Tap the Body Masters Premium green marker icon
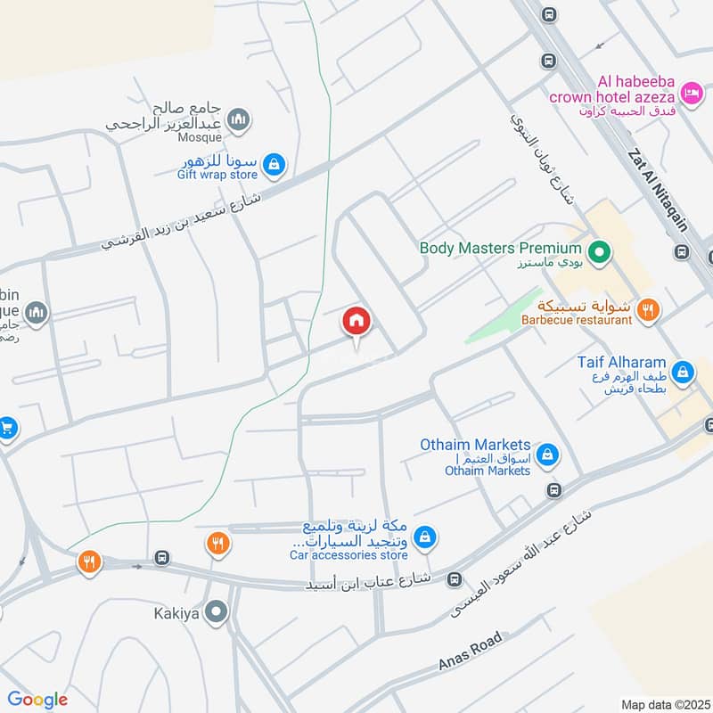[600, 253]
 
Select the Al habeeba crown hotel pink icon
[690, 92]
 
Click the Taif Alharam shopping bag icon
[684, 372]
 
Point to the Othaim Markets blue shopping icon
[548, 455]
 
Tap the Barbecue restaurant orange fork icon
[650, 310]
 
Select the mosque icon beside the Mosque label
[238, 119]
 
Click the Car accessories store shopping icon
[425, 536]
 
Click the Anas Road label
[471, 652]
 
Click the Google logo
[37, 700]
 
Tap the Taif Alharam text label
[621, 363]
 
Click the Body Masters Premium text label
[501, 248]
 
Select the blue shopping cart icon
[7, 428]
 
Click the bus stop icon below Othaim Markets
[554, 489]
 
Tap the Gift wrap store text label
[217, 176]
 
